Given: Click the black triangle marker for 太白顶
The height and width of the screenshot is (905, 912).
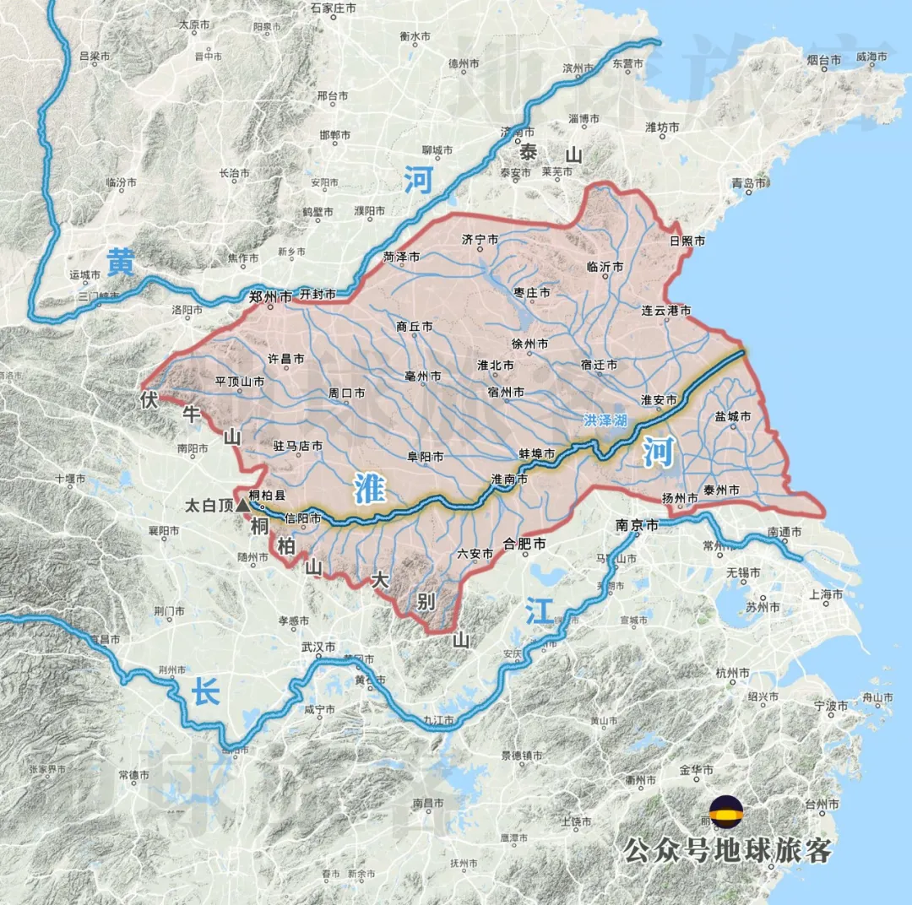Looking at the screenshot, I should pos(243,505).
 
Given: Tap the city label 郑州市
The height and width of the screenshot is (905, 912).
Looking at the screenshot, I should pos(271,296).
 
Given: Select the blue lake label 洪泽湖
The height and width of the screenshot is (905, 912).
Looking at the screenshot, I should pos(605,420).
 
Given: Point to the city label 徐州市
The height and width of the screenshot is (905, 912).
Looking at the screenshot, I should pos(529,344).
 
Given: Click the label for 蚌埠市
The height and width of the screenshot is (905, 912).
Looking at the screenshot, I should pos(537,454).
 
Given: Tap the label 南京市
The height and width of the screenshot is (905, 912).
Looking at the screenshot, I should pos(637,524).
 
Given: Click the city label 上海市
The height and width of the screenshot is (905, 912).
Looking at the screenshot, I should pos(826,594).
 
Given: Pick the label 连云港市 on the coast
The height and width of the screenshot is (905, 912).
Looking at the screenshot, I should pos(666,311).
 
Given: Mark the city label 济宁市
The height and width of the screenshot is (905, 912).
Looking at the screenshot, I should pos(481,239).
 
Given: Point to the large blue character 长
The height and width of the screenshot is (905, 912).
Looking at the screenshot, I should pos(206,693).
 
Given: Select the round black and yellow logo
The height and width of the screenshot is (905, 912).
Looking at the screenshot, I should pos(726,812).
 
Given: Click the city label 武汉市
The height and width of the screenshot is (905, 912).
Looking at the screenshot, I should pos(318,647).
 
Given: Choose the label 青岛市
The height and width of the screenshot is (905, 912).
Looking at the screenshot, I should pos(748,182).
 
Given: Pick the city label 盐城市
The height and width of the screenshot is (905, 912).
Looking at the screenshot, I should pos(732,416).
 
